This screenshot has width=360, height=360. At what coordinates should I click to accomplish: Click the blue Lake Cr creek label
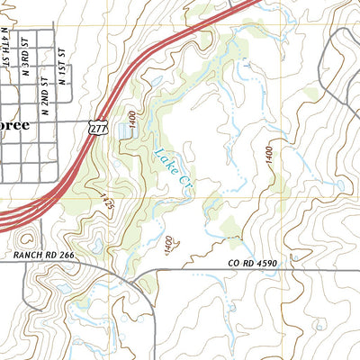172,169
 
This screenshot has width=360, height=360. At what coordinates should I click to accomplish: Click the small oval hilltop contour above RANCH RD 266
26,238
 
